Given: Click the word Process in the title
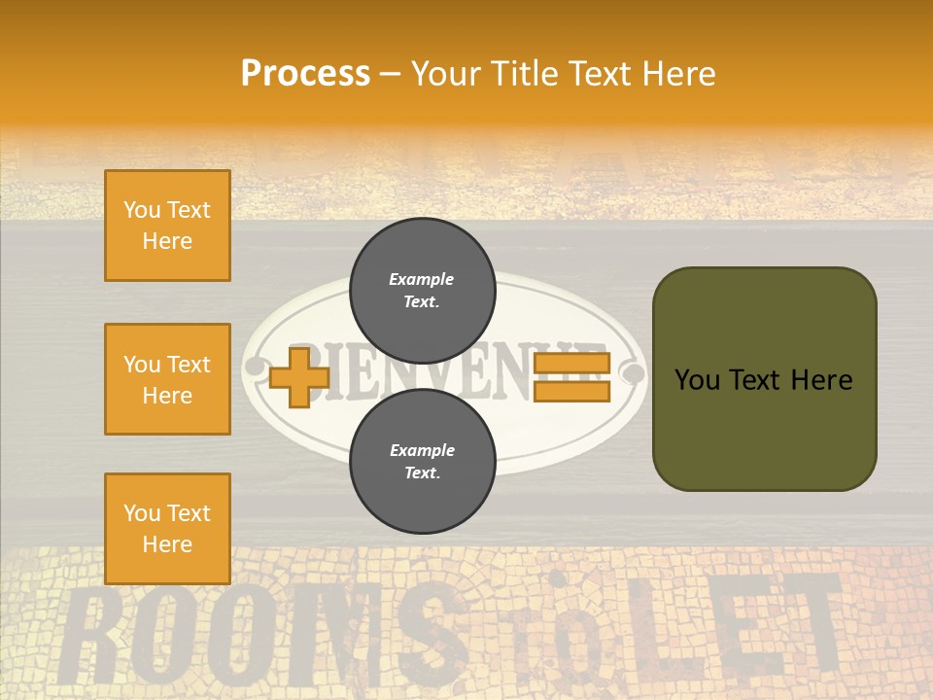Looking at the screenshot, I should [305, 74].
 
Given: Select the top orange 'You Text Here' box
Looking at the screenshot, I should [167, 226].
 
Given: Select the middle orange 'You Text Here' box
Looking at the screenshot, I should [167, 379].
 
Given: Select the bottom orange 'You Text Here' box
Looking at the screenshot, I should [167, 528].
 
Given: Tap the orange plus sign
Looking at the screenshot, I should [299, 377].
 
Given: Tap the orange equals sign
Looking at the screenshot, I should [571, 377].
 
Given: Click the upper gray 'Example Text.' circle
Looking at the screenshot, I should [422, 291].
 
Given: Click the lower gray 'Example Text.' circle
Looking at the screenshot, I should [422, 461].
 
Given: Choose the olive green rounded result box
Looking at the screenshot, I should [764, 379].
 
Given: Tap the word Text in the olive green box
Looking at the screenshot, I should [764, 380].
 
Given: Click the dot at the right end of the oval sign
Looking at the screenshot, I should [634, 371].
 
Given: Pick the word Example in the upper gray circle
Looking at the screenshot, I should [422, 279].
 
